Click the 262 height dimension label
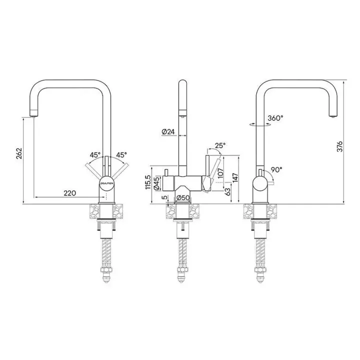tap(19, 153)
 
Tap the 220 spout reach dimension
tap(70, 193)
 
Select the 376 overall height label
tap(339, 146)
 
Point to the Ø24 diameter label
tap(168, 132)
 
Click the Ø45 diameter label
tap(157, 183)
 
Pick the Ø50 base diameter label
tap(182, 197)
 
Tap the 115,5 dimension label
tap(148, 182)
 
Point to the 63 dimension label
tap(227, 192)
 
